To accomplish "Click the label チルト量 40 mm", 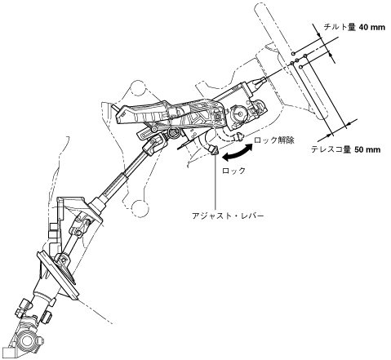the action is [354, 27].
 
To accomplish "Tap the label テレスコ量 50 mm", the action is [345, 149].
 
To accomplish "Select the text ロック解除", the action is [274, 140].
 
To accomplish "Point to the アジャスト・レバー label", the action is [228, 216].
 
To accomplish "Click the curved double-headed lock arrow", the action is [238, 153].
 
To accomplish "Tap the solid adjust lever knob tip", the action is [214, 150].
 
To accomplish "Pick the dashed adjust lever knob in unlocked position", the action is [240, 136].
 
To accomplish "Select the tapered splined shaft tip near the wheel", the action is [259, 82].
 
